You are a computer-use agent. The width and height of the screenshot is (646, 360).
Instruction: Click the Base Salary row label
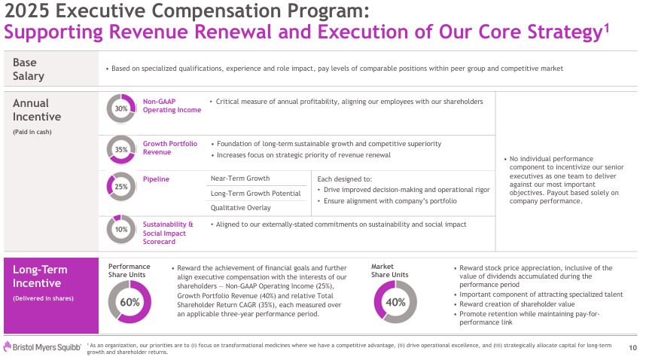[29, 69]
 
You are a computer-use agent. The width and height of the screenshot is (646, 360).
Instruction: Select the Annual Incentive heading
[37, 110]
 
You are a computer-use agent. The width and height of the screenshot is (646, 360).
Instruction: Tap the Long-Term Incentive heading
[40, 276]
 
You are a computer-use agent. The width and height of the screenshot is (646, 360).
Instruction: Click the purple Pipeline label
[156, 179]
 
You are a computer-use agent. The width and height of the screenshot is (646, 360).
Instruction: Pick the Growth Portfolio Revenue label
[170, 148]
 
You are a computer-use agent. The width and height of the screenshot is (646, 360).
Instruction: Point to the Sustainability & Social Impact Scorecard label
[168, 233]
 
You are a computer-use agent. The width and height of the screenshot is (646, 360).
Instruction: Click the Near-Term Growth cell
[240, 178]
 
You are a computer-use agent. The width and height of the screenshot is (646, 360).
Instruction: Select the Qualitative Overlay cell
[241, 208]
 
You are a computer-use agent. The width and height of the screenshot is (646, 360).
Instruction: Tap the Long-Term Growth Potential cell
[255, 194]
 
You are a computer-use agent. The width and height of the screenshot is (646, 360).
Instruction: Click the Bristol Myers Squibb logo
[42, 347]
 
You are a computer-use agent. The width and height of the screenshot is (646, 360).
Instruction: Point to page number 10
[632, 348]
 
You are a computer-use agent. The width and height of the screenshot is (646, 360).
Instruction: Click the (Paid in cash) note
[32, 132]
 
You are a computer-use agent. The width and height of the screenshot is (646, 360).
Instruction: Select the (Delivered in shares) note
[43, 298]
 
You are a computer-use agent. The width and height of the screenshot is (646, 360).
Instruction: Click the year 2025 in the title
[27, 11]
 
